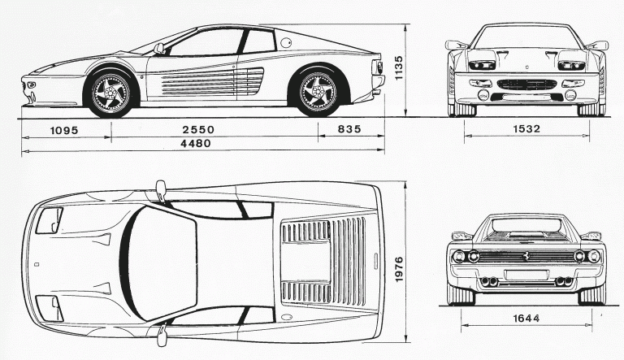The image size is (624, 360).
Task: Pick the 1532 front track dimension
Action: [x=527, y=130]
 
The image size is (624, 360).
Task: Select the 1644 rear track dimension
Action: [x=527, y=318]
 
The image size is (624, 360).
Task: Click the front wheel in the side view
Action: [x=111, y=93]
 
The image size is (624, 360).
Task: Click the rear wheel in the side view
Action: [x=318, y=93]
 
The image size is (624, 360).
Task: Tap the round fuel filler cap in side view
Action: [x=287, y=43]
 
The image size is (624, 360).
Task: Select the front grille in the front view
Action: [x=526, y=84]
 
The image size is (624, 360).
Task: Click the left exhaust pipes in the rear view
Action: [x=491, y=282]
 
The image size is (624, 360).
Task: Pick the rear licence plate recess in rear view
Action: [x=526, y=275]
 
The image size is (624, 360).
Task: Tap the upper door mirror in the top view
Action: [x=160, y=189]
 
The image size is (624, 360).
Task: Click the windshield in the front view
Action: [x=526, y=37]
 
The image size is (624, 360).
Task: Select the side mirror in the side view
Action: [x=158, y=49]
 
